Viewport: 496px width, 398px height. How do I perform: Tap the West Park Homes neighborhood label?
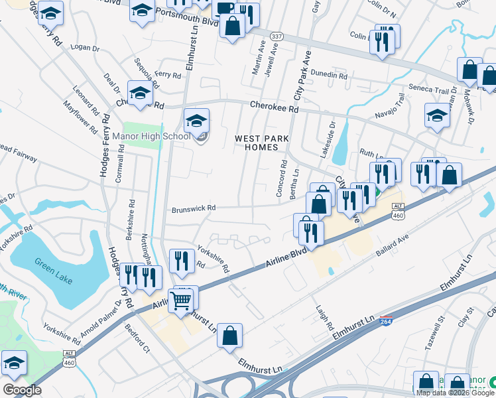(255, 143)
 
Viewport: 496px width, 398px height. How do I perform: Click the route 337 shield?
(275, 35)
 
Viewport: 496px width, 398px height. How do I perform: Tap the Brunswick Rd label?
(194, 208)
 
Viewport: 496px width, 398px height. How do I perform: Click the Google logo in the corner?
(22, 390)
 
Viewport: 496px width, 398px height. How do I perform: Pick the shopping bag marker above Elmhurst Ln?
(229, 337)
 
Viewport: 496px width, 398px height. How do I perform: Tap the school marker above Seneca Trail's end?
(437, 117)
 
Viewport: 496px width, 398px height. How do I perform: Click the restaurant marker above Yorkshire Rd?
(181, 261)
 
